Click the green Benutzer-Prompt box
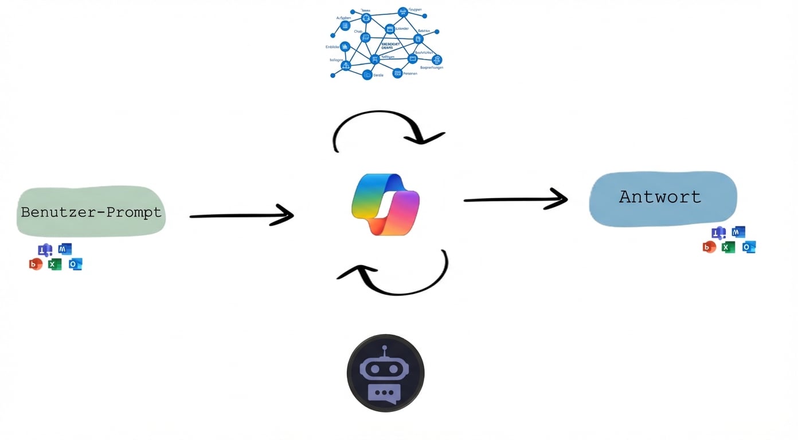91,212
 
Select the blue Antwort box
663,198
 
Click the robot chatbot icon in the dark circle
385,373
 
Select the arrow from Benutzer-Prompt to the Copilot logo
241,215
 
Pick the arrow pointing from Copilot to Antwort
515,199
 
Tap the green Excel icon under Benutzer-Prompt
55,264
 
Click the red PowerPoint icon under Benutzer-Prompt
36,264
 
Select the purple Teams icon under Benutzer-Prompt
45,250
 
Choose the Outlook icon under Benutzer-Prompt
76,264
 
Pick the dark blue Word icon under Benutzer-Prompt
65,249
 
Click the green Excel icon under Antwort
728,247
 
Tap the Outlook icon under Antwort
749,247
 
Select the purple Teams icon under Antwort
718,233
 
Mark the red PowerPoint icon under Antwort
709,247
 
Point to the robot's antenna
385,349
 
